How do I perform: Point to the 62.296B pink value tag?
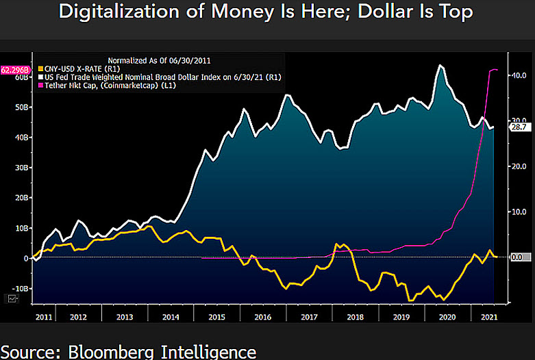pos(14,70)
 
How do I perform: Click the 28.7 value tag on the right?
pos(517,127)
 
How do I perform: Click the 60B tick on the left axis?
pos(22,77)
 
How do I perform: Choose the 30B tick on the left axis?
pos(22,167)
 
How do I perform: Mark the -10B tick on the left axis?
pos(21,289)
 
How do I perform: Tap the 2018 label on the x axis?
pos(354,318)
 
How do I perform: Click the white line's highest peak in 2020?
pos(440,66)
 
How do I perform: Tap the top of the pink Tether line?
pos(493,70)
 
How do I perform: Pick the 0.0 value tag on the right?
pos(517,257)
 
